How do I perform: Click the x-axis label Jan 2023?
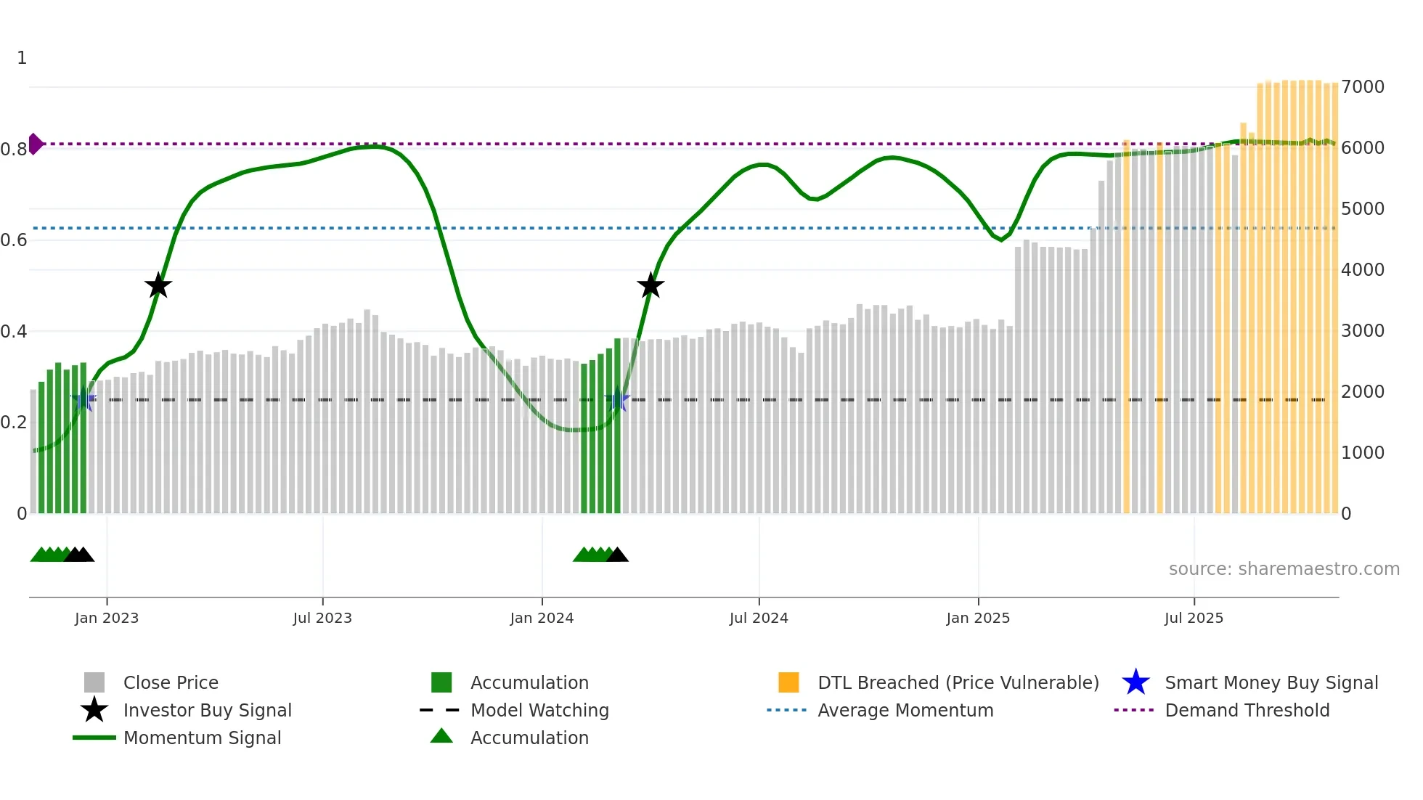click(x=107, y=618)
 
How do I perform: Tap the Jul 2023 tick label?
click(x=322, y=618)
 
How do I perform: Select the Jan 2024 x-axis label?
click(x=542, y=618)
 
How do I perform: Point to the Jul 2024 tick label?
click(x=759, y=618)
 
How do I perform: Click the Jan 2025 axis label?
click(x=978, y=618)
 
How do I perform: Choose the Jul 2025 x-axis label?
click(x=1194, y=618)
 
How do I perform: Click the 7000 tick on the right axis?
click(x=1363, y=87)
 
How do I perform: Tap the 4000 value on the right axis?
click(x=1363, y=270)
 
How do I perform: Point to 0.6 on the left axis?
click(x=14, y=240)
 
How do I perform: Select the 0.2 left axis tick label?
click(x=14, y=423)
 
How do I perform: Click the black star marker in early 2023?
click(x=158, y=286)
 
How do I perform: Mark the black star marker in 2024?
click(x=651, y=286)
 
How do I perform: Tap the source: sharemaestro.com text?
click(x=1284, y=569)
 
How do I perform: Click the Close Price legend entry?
click(x=171, y=683)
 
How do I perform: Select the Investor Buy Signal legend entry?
click(x=207, y=711)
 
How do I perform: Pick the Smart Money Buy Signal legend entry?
click(x=1271, y=683)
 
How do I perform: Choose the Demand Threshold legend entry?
click(x=1247, y=711)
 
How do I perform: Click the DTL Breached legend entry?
click(x=958, y=683)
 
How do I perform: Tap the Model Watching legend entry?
click(x=539, y=711)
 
